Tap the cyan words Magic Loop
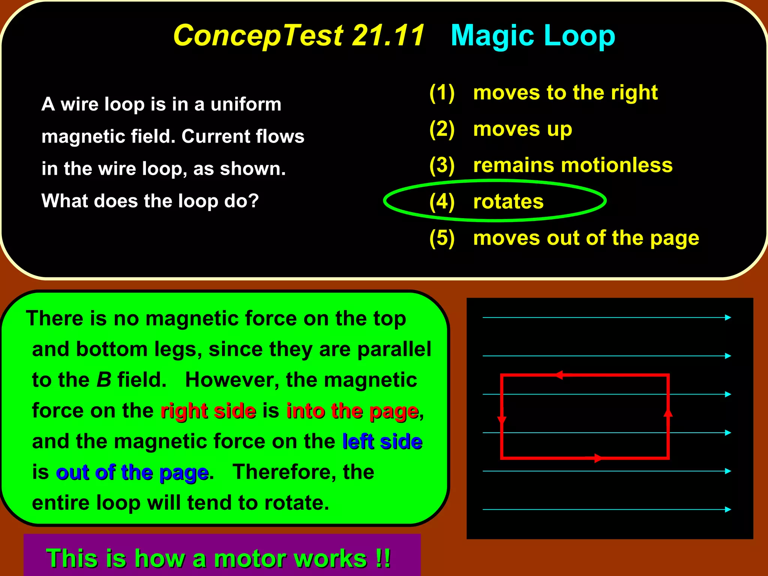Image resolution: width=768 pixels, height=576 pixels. pyautogui.click(x=532, y=35)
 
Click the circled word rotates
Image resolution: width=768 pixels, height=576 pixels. pyautogui.click(x=508, y=201)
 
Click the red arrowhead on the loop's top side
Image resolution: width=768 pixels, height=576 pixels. pyautogui.click(x=559, y=375)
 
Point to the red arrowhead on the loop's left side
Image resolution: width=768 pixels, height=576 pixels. pyautogui.click(x=502, y=420)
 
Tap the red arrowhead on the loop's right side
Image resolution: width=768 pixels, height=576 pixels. pyautogui.click(x=668, y=412)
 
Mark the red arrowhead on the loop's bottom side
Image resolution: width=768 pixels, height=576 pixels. pyautogui.click(x=598, y=458)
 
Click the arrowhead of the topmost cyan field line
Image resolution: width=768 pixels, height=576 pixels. pyautogui.click(x=728, y=318)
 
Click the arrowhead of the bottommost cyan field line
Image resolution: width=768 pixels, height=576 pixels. pyautogui.click(x=728, y=509)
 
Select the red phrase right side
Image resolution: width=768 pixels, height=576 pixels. pyautogui.click(x=208, y=411)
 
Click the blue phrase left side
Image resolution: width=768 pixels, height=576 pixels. pyautogui.click(x=382, y=441)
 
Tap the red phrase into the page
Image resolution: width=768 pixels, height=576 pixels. pyautogui.click(x=352, y=411)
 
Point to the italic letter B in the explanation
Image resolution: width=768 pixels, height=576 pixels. pyautogui.click(x=104, y=380)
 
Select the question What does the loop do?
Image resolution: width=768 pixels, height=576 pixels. pyautogui.click(x=150, y=201)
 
